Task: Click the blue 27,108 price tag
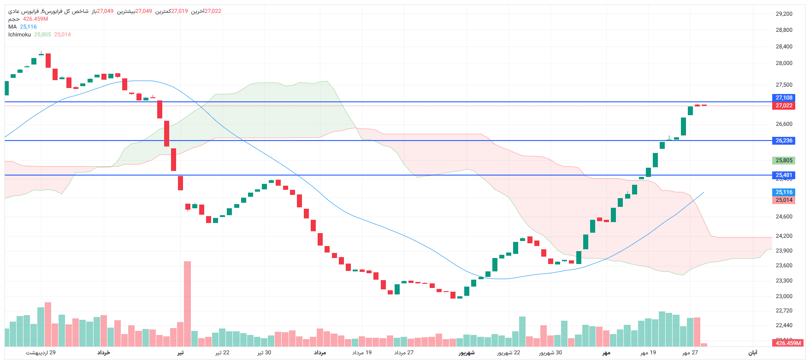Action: coord(783,98)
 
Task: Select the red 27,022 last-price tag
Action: coord(783,106)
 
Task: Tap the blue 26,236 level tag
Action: coord(783,141)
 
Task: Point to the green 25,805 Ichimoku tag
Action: coord(783,160)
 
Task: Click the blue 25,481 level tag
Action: coord(783,175)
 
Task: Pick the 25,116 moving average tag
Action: coord(783,192)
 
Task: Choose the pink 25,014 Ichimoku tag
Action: coord(783,200)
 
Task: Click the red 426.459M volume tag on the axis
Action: coord(788,343)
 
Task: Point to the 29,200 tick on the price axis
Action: coord(784,14)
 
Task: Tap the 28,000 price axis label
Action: coord(784,63)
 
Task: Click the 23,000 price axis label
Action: coord(784,296)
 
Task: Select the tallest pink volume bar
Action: coord(187,304)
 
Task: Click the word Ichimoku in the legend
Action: coord(19,35)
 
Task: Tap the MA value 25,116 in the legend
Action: coord(28,27)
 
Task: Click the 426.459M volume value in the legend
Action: coord(35,19)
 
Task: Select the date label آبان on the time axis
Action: coord(752,352)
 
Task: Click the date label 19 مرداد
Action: coord(362,352)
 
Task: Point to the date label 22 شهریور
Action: coord(508,352)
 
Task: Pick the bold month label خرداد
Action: coord(103,352)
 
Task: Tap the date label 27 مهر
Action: coord(690,352)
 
